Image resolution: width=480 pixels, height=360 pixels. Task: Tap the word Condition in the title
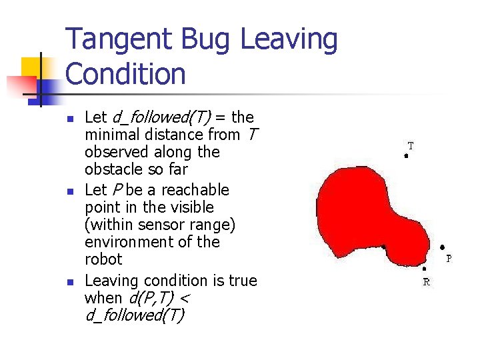point(126,74)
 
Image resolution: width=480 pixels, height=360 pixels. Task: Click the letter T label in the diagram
point(411,145)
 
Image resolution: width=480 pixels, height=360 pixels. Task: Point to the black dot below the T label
point(406,156)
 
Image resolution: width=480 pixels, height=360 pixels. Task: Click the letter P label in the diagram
point(449,258)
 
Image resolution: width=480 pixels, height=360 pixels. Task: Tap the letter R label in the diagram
point(427,282)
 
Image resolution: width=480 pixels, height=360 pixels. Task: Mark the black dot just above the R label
point(424,269)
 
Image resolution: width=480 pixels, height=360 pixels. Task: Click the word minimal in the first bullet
point(111,135)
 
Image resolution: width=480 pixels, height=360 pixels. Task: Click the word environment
point(130,242)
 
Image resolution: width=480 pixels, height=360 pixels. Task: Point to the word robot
point(103,259)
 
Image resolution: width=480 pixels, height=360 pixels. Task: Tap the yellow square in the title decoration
point(31,67)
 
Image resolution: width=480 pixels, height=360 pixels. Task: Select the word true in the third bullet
point(241,281)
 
